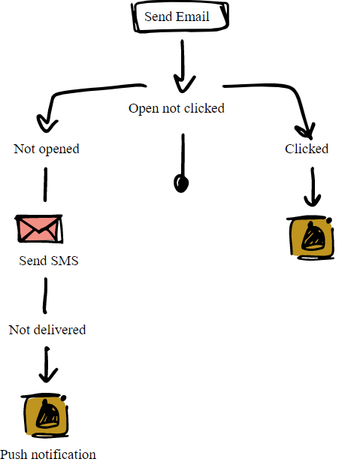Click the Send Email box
pos(180,17)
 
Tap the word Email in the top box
pos(192,17)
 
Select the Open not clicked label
pos(177,108)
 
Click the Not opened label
pos(47,149)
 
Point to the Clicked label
pos(307,149)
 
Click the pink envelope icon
pos(39,229)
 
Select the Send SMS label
pos(49,261)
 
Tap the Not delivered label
pos(47,330)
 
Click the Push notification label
pos(48,454)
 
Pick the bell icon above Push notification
pos(45,415)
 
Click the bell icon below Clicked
pos(310,237)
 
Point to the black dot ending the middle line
pos(181,184)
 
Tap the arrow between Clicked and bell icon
pos(313,187)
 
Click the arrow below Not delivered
pos(47,364)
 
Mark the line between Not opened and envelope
pos(45,184)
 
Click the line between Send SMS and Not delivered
pos(45,296)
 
